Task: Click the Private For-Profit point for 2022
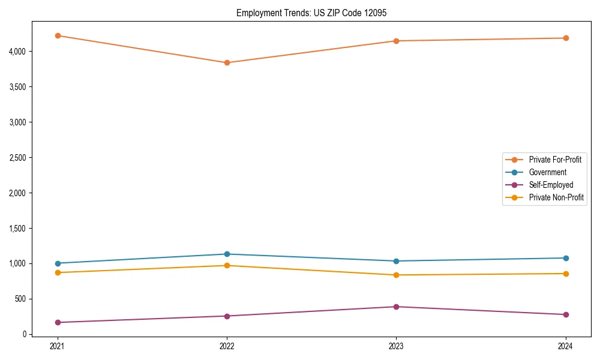[227, 62]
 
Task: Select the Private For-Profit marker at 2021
[58, 35]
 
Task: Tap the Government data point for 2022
[227, 254]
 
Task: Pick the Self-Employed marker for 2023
[396, 307]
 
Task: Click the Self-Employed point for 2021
[58, 322]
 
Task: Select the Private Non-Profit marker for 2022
[227, 265]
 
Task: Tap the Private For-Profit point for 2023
[396, 41]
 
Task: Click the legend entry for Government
[547, 172]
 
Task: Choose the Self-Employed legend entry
[551, 185]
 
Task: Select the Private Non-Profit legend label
[556, 197]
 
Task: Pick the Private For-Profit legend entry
[555, 160]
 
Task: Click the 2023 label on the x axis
[396, 346]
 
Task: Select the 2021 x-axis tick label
[58, 346]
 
